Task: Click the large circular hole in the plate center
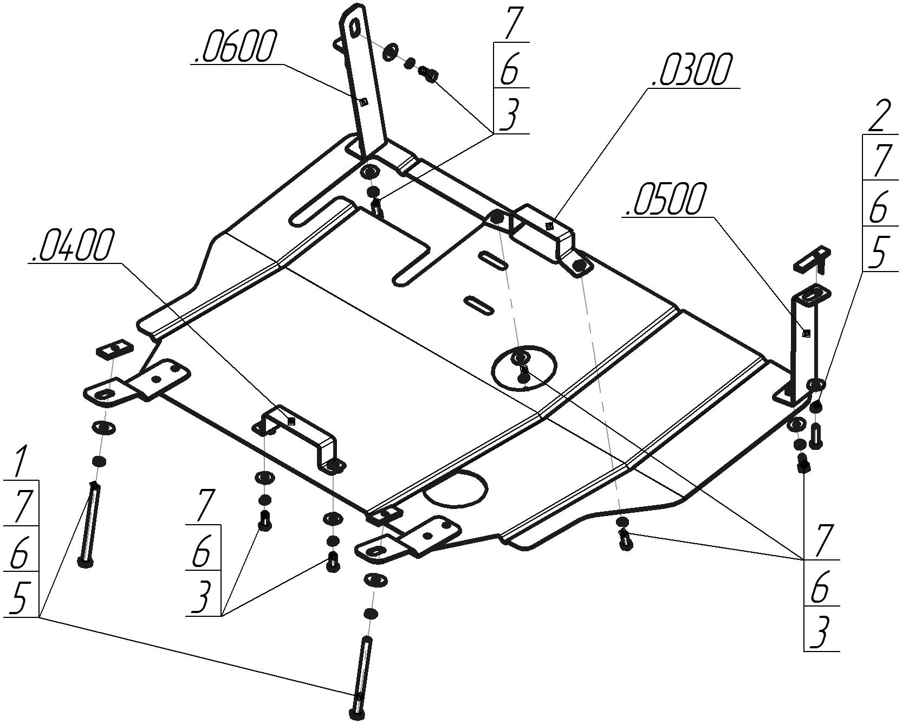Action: point(523,367)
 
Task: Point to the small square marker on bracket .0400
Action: point(291,421)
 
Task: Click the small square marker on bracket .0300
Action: point(549,225)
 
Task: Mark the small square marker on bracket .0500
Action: point(806,333)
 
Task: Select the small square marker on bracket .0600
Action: point(364,101)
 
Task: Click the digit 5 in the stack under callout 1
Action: point(20,598)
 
